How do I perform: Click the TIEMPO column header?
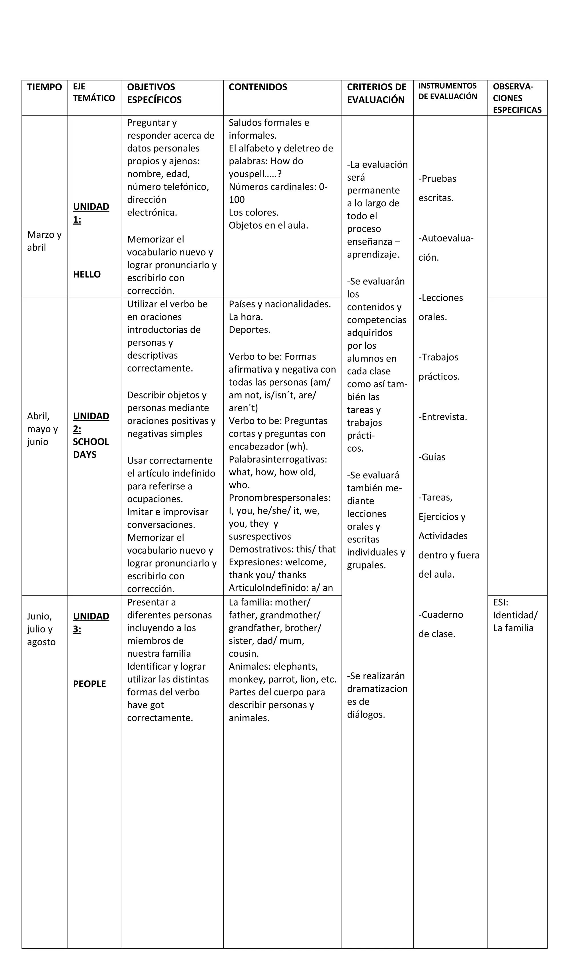coord(44,87)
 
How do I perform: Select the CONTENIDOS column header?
coord(258,87)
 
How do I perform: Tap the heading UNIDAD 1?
coord(91,213)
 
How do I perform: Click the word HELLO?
coord(87,274)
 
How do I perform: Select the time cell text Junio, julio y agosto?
coord(41,629)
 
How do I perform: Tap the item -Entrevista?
coord(443,417)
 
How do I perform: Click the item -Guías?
coord(432,457)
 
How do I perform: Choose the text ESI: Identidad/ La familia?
coord(515,615)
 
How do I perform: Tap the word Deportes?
coord(249,330)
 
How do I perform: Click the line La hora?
coord(246,317)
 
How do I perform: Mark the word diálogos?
coord(366,714)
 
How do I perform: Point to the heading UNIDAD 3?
coord(91,622)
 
